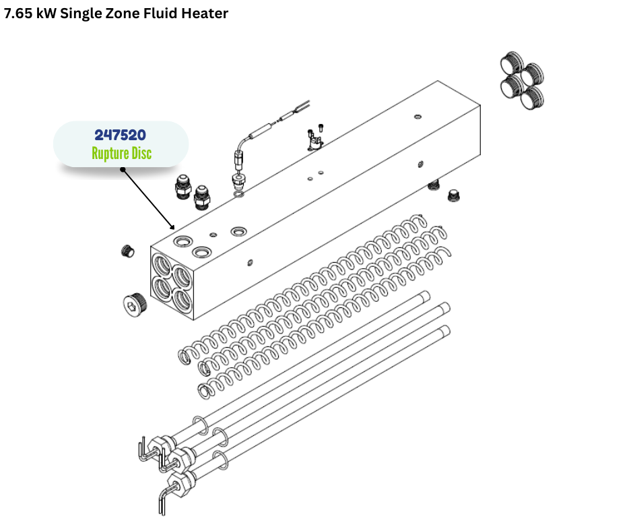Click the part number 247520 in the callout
(x=121, y=135)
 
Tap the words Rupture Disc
(x=121, y=154)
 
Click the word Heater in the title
(x=205, y=13)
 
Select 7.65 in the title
(x=18, y=13)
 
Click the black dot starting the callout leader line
(x=123, y=169)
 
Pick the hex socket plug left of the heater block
(x=135, y=303)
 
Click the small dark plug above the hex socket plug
(x=127, y=251)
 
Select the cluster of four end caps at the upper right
(x=523, y=81)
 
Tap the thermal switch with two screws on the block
(x=315, y=137)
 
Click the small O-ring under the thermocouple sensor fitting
(x=239, y=195)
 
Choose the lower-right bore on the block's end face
(x=182, y=299)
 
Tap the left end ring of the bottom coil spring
(x=205, y=391)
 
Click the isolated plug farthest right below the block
(x=454, y=196)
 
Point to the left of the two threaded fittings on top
(x=183, y=187)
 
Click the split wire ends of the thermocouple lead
(x=303, y=106)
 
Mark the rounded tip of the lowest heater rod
(x=446, y=330)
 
